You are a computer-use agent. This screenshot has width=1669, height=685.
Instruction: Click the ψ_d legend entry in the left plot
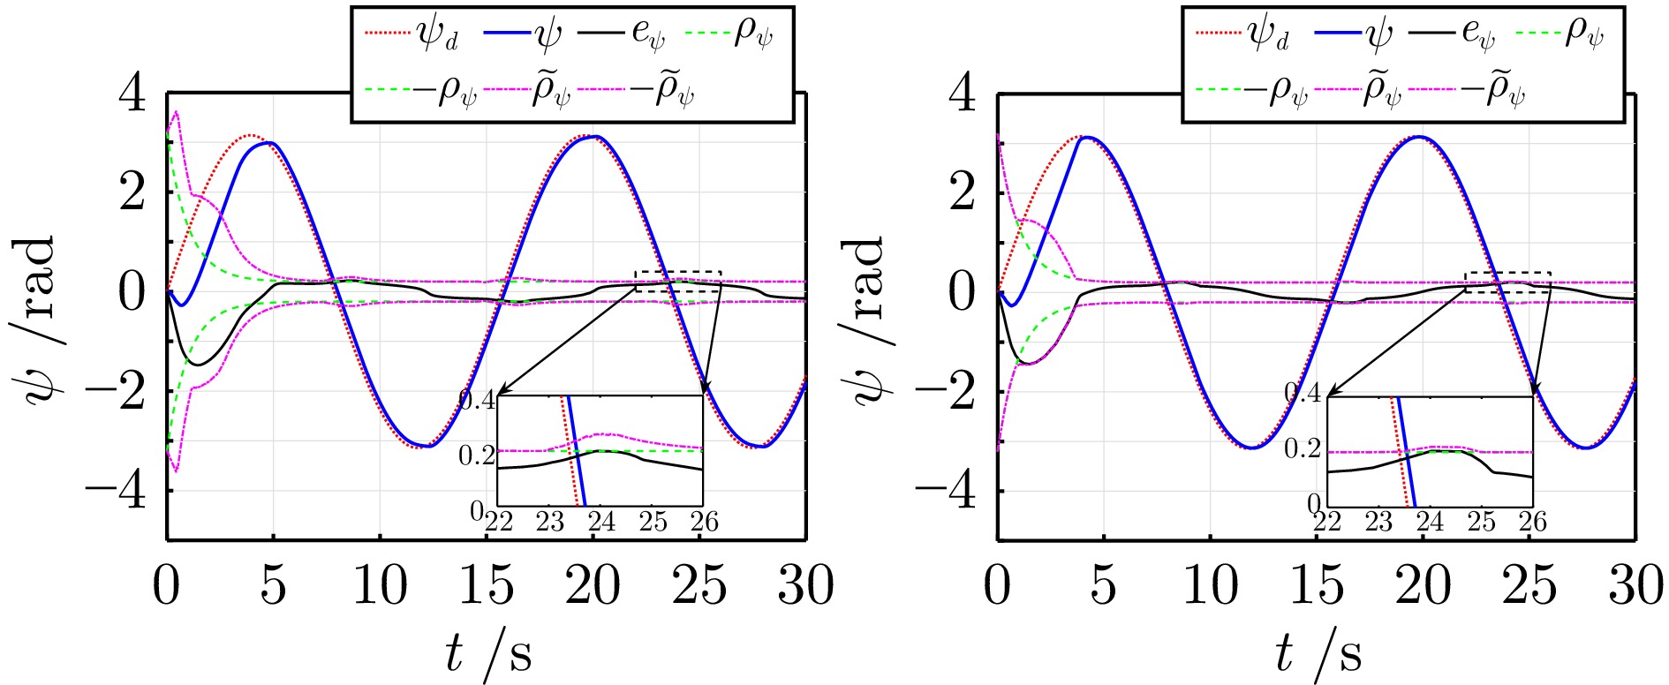point(411,34)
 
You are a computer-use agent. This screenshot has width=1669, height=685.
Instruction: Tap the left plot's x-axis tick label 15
point(487,584)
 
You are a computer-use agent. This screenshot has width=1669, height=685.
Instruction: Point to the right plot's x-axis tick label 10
point(1211,584)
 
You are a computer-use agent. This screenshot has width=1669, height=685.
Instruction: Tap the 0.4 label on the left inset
point(478,400)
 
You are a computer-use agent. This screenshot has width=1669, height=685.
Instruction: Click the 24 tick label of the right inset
point(1430,522)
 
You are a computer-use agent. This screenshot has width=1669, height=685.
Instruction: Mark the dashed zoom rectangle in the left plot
point(678,281)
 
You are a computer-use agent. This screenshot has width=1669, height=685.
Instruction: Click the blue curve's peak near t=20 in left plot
point(597,137)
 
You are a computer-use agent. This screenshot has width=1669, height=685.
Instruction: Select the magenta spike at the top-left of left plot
point(177,112)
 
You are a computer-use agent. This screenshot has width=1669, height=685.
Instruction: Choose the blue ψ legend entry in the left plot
point(520,34)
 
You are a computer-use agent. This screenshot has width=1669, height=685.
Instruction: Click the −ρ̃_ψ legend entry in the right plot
point(1467,91)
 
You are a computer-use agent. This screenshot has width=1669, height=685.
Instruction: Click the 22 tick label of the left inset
point(499,522)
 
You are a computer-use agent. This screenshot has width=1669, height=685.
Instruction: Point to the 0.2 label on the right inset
point(1303,448)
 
